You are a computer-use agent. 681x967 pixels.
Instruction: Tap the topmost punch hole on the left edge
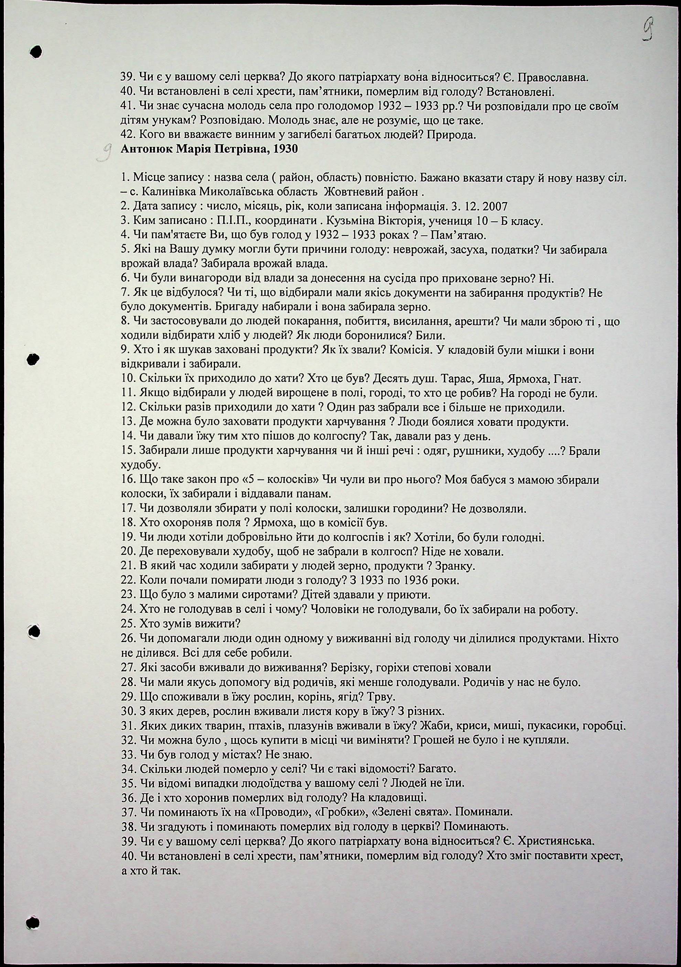36,51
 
